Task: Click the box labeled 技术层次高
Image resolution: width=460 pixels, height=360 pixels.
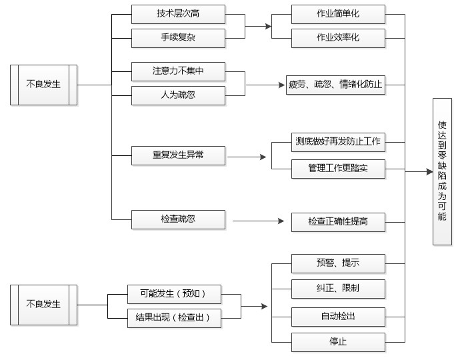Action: tap(178, 14)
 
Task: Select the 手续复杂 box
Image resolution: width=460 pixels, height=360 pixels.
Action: tap(178, 38)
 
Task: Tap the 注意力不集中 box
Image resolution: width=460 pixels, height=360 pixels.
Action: tap(178, 71)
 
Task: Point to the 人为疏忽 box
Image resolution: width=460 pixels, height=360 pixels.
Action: tap(178, 95)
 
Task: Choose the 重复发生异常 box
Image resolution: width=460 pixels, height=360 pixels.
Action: tap(178, 156)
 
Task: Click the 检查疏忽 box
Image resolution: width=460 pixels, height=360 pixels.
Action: tap(178, 219)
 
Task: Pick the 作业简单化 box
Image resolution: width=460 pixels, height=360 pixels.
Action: tap(338, 14)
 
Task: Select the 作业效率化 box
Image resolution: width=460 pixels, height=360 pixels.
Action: tap(338, 38)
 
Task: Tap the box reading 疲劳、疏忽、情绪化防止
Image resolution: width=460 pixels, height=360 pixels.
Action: tap(336, 85)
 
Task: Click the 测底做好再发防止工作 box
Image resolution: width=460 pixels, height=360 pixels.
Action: tap(338, 141)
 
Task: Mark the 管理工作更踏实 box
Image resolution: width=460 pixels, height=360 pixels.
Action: tap(338, 169)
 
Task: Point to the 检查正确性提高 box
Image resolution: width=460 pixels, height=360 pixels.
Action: tap(338, 222)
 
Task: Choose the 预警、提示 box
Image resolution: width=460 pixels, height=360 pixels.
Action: tap(338, 263)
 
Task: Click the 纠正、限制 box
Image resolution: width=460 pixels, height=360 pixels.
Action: tap(338, 289)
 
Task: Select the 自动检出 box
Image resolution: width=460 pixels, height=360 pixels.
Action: tap(338, 316)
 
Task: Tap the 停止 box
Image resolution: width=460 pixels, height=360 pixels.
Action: tap(338, 342)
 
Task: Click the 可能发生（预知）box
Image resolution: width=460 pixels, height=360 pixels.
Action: tap(173, 293)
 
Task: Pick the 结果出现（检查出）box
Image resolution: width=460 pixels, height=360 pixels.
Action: tap(173, 318)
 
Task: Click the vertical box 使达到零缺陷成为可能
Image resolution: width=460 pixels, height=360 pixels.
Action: tap(442, 171)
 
